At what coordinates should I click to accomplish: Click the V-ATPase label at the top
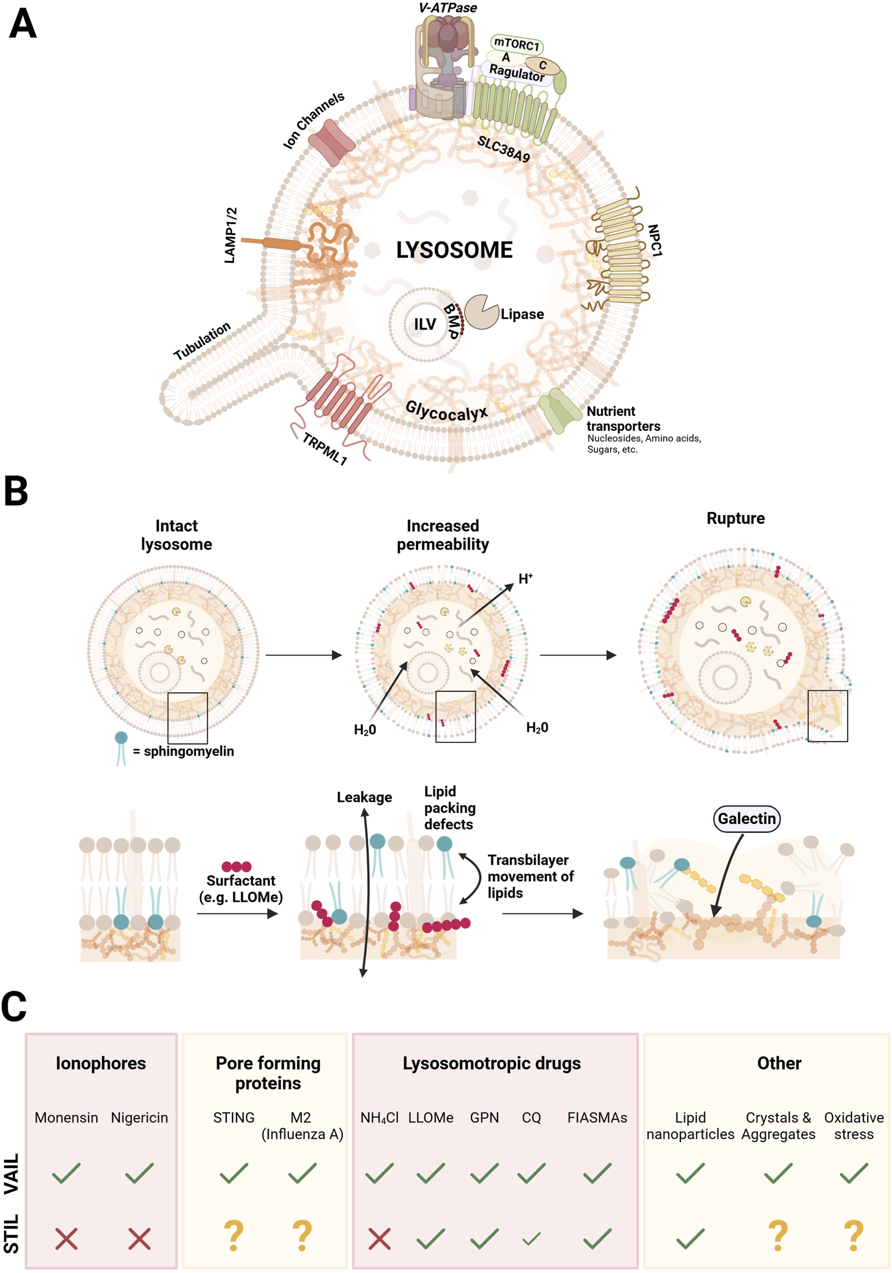click(447, 8)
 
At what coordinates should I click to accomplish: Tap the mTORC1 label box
click(517, 44)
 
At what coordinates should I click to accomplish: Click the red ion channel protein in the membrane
click(331, 142)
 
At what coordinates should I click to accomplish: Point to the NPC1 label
click(655, 241)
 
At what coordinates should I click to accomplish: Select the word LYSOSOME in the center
click(454, 250)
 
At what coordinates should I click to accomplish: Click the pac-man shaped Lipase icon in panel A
click(481, 312)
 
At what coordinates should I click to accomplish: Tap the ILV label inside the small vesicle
click(424, 324)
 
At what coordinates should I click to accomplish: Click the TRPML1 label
click(324, 449)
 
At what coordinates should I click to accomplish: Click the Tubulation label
click(202, 340)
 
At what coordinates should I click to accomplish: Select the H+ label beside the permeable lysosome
click(525, 579)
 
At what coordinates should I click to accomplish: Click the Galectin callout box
click(746, 818)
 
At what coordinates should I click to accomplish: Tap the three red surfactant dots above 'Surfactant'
click(237, 866)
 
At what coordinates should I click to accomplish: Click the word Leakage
click(364, 797)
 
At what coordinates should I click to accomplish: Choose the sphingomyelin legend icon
click(121, 748)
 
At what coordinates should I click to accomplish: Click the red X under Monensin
click(67, 1238)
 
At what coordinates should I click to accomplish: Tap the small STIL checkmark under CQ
click(531, 1238)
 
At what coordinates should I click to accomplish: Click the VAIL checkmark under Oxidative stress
click(853, 1173)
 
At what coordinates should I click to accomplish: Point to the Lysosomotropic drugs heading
click(491, 1063)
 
